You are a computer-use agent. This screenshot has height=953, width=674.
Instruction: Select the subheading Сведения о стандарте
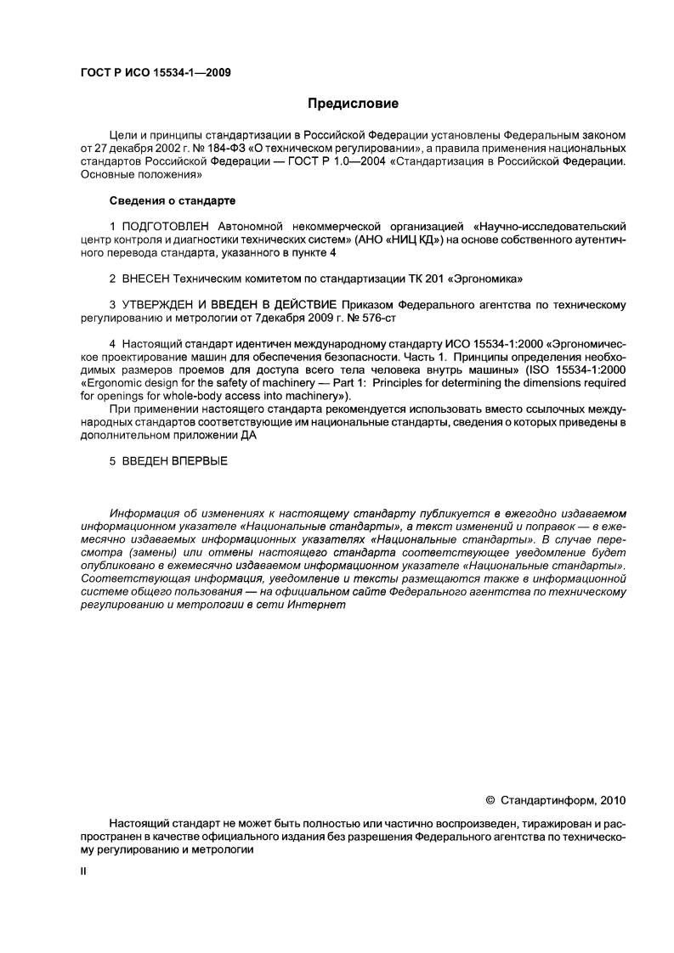coord(173,200)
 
